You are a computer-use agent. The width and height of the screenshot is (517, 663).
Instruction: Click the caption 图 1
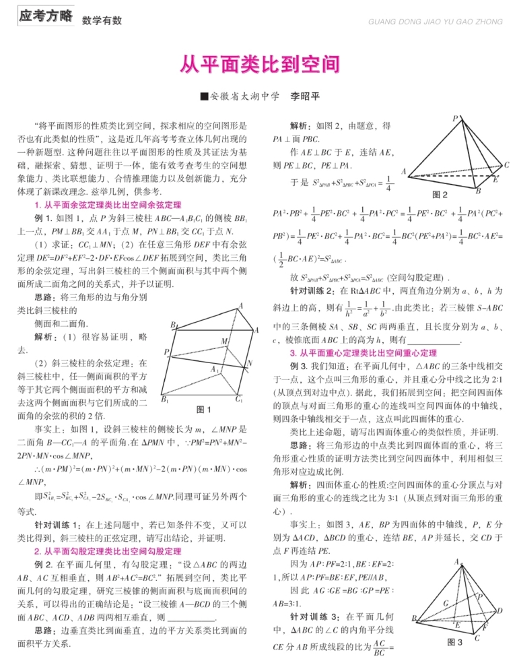coord(203,409)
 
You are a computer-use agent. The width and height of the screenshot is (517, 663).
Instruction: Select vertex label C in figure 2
coord(506,165)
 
